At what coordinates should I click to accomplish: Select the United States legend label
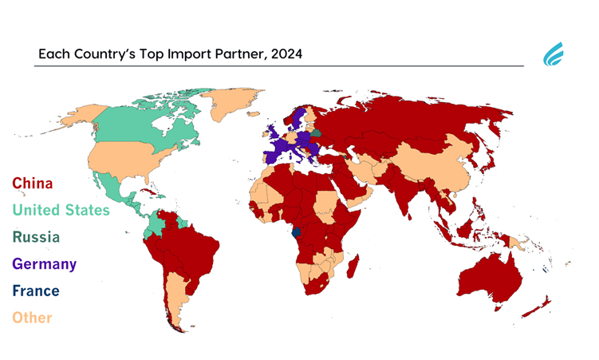tap(61, 211)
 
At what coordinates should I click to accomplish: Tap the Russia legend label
tap(35, 237)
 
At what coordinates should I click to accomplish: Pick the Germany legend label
tap(44, 263)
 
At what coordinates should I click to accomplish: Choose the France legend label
tap(35, 291)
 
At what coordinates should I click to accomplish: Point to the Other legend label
tap(31, 318)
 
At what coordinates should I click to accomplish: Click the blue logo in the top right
tap(553, 55)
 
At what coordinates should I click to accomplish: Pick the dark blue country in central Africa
tap(298, 234)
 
